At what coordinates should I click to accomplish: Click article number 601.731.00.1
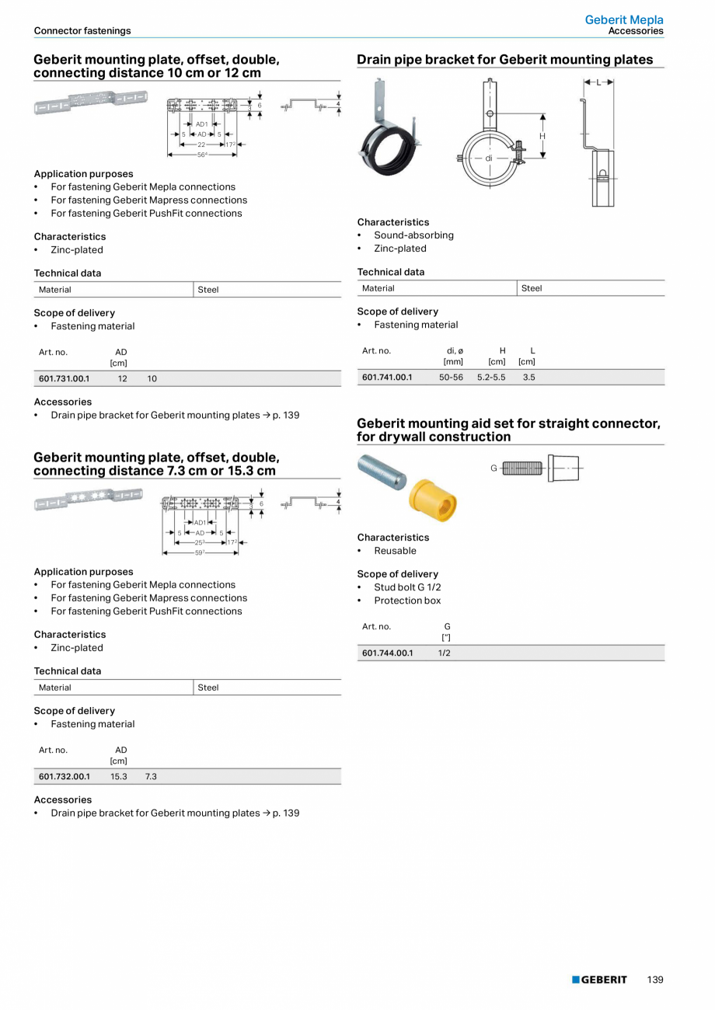pyautogui.click(x=65, y=378)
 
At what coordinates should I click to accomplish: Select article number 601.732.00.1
pyautogui.click(x=65, y=776)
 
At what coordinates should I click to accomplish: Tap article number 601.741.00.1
pyautogui.click(x=387, y=377)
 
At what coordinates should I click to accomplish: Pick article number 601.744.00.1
pyautogui.click(x=387, y=653)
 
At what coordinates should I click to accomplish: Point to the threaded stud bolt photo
pyautogui.click(x=382, y=472)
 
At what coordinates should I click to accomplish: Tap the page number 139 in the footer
pyautogui.click(x=655, y=980)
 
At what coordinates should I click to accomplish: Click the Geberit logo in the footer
pyautogui.click(x=599, y=980)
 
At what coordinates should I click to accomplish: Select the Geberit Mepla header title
pyautogui.click(x=624, y=20)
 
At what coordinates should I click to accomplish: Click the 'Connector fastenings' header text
pyautogui.click(x=82, y=31)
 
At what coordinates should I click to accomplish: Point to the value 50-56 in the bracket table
pyautogui.click(x=451, y=377)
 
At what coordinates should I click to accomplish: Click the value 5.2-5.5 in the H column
pyautogui.click(x=491, y=377)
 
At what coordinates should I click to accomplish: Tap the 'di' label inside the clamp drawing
pyautogui.click(x=489, y=158)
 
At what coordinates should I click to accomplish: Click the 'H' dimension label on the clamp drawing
pyautogui.click(x=542, y=136)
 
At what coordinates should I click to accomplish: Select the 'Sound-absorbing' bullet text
pyautogui.click(x=413, y=235)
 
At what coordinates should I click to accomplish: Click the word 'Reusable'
pyautogui.click(x=395, y=551)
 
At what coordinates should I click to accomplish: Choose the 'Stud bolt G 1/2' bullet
pyautogui.click(x=407, y=587)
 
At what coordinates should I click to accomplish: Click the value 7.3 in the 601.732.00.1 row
pyautogui.click(x=151, y=776)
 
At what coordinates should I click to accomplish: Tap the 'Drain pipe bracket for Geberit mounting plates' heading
pyautogui.click(x=505, y=60)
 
